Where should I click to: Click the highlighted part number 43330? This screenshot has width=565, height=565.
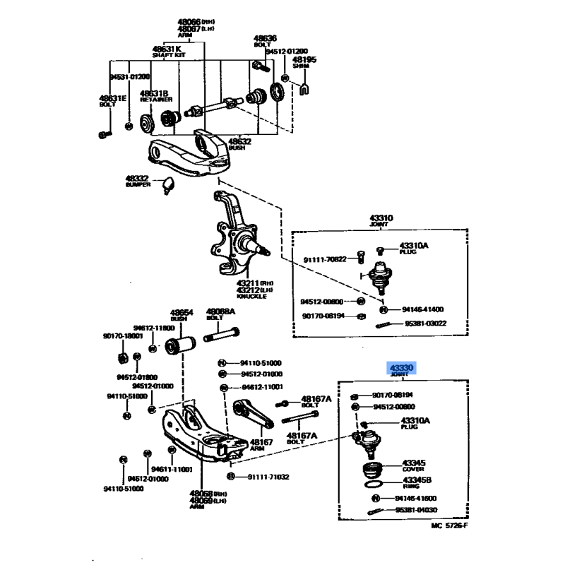coord(400,368)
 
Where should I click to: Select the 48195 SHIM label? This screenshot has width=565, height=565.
coord(304,64)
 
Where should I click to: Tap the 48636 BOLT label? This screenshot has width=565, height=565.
coord(265,41)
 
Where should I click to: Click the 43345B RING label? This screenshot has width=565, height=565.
coord(417,482)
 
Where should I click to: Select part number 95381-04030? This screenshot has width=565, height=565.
coord(417,510)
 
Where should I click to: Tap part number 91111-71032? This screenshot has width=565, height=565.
coord(268,477)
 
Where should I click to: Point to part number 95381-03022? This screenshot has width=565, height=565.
coord(426,323)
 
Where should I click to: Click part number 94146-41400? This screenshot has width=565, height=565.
coord(423,309)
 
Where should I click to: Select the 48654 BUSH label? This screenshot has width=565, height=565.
coord(181,314)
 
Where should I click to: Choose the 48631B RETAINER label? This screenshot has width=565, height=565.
coord(154,97)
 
